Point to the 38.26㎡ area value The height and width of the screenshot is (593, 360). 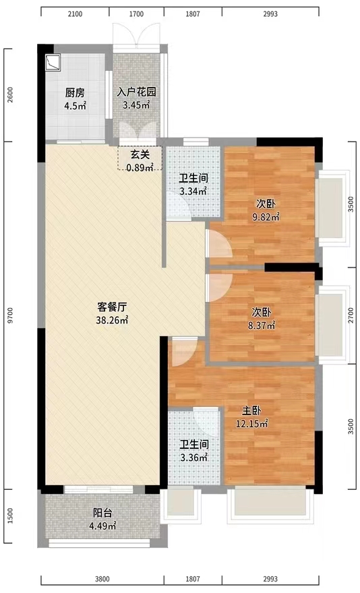112,321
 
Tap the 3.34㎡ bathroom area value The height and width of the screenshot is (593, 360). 192,191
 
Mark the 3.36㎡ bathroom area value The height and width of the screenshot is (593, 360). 192,457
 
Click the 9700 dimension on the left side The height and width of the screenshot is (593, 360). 9,315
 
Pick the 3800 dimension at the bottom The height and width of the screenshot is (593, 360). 102,579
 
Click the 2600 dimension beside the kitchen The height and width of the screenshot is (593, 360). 9,94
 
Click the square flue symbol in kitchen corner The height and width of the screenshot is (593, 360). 53,62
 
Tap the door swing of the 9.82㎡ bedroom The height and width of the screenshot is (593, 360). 218,245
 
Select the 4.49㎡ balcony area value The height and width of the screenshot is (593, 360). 103,526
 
